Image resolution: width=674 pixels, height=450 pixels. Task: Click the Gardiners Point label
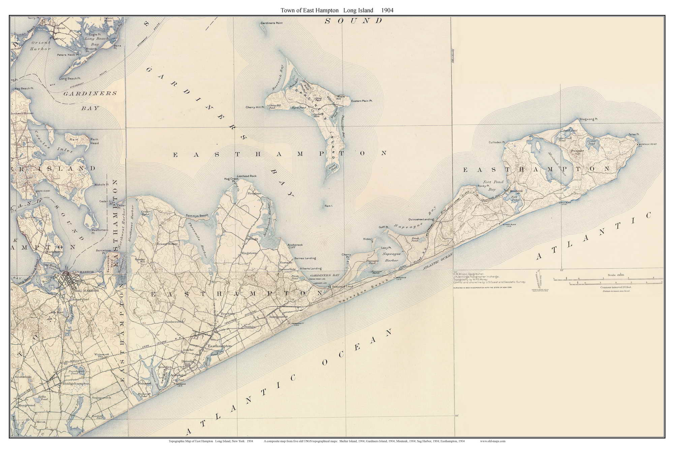click(271, 23)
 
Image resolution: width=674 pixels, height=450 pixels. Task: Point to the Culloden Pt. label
click(497, 142)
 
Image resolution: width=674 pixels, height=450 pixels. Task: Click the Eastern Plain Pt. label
click(362, 101)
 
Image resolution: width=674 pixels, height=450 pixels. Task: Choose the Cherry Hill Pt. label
click(255, 107)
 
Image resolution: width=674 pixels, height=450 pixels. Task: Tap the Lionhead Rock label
click(247, 176)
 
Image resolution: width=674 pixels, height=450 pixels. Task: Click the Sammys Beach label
click(197, 215)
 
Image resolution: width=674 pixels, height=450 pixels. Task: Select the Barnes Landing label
click(305, 258)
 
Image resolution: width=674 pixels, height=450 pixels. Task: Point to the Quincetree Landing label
click(421, 219)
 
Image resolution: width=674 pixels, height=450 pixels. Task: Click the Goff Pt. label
click(384, 227)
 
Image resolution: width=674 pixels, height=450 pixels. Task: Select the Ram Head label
click(94, 141)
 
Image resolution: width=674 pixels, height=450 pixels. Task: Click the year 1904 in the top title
click(387, 10)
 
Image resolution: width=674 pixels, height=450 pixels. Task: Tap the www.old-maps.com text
click(492, 441)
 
